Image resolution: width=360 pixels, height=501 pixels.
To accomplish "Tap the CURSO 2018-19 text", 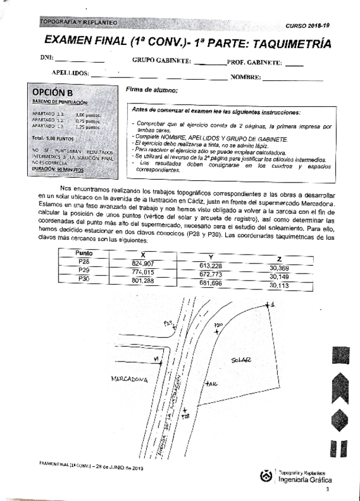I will click(308, 26).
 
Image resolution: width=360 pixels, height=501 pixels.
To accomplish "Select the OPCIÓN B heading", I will click(53, 93).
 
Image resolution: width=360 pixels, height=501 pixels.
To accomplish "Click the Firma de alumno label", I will click(152, 90).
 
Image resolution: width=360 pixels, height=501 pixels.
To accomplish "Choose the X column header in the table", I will click(141, 252).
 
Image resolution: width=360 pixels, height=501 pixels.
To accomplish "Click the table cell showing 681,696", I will click(210, 283).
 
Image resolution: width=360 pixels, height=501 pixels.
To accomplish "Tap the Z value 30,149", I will click(279, 276).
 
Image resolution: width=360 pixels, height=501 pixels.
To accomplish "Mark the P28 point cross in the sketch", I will click(185, 410).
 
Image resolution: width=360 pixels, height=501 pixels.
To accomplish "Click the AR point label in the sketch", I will click(212, 385).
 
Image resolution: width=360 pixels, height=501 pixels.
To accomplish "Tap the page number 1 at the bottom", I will click(327, 489).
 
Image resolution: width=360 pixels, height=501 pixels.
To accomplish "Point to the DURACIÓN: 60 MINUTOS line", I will click(58, 169).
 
